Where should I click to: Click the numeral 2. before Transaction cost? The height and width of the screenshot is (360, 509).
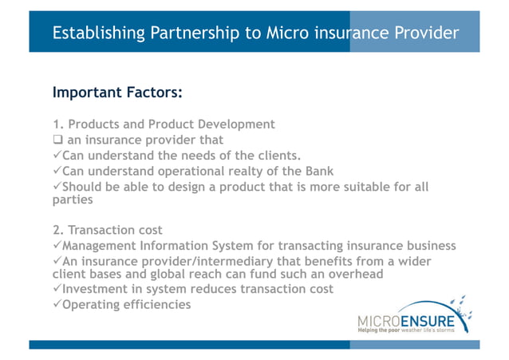pos(57,231)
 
